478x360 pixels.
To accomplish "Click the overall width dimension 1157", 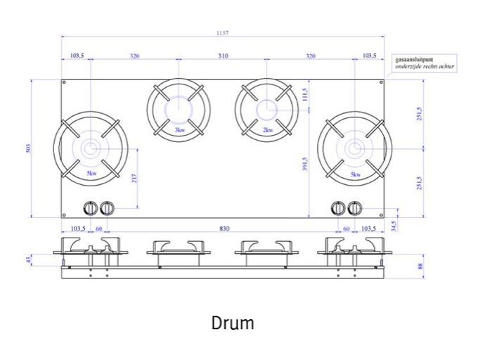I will [x=223, y=33].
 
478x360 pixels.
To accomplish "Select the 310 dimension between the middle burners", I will [x=223, y=56].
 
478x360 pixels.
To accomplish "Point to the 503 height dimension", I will [x=29, y=148].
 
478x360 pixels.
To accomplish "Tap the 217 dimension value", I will [x=134, y=179].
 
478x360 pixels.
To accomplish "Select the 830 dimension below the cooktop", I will [x=223, y=229].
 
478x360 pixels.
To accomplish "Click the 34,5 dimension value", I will [x=394, y=225].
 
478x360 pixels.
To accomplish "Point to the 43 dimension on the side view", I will [x=47, y=261].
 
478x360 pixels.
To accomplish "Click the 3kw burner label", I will [x=179, y=130].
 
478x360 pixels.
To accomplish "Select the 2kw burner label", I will [x=267, y=130].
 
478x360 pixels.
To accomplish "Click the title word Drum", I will [x=233, y=323].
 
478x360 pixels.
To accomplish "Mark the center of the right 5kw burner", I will [x=354, y=148].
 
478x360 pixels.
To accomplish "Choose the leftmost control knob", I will [x=91, y=208].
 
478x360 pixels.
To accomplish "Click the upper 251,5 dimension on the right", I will [x=420, y=114].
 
